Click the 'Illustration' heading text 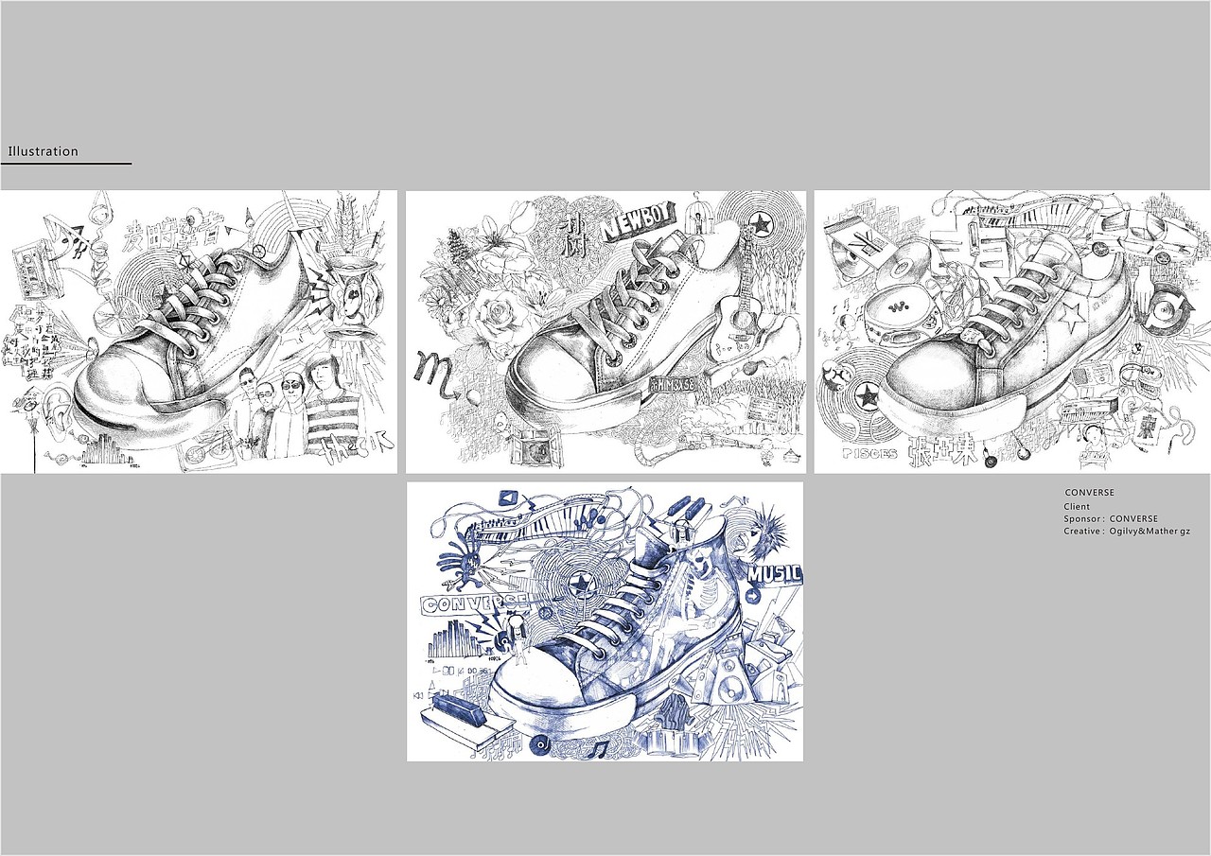pyautogui.click(x=43, y=151)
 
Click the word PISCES pyautogui.click(x=869, y=453)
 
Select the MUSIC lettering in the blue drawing pyautogui.click(x=774, y=573)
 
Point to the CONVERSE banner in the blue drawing pyautogui.click(x=473, y=604)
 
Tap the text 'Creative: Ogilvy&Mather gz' pyautogui.click(x=1126, y=532)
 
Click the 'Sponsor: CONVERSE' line pyautogui.click(x=1110, y=519)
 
